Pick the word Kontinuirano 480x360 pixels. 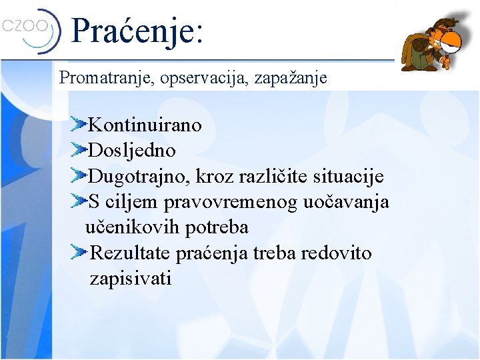coord(145,125)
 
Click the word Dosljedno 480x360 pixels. coord(132,151)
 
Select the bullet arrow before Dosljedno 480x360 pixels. coord(80,149)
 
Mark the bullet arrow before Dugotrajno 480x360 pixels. coord(80,175)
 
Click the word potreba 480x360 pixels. coord(217,227)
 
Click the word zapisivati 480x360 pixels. coord(130,279)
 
